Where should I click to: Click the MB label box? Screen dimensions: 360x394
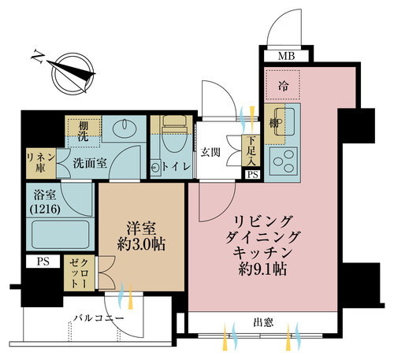click(x=287, y=56)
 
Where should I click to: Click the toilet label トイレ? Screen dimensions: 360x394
click(x=174, y=166)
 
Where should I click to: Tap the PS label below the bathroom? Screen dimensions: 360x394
click(x=43, y=260)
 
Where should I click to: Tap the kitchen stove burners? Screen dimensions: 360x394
click(x=281, y=162)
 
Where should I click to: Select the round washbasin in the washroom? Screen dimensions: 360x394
click(x=125, y=128)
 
